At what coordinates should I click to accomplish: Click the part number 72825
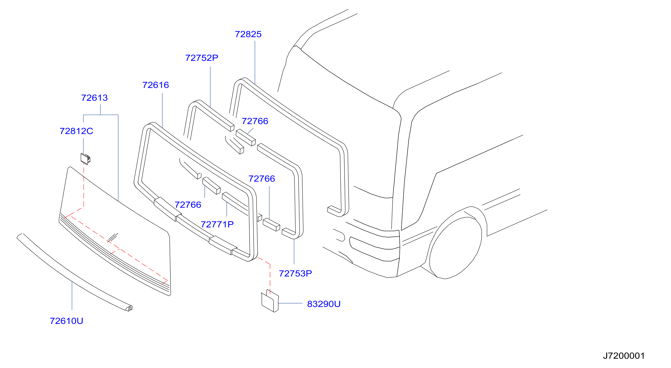tap(248, 34)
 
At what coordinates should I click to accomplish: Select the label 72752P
tap(202, 58)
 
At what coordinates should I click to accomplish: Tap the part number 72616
tap(155, 85)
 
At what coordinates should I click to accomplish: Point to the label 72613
tap(94, 98)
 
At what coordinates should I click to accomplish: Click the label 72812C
tap(76, 131)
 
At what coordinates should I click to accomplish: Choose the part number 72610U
tap(66, 321)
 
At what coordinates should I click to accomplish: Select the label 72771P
tap(217, 224)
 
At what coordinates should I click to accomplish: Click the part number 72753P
tap(295, 274)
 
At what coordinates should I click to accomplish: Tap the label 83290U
tap(324, 304)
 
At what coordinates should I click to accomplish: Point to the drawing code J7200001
tap(624, 356)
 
